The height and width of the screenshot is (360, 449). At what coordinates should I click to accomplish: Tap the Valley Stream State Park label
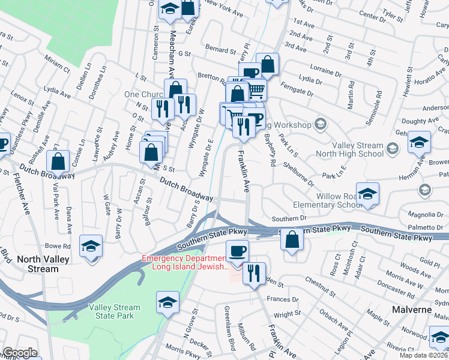tap(115, 311)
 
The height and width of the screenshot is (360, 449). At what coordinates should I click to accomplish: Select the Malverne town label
tap(412, 310)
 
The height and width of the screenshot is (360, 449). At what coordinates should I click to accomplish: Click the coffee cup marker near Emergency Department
tap(237, 250)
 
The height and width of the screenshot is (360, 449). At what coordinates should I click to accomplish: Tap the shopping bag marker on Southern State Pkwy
tap(292, 239)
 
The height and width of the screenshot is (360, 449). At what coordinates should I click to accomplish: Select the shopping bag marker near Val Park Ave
tap(58, 161)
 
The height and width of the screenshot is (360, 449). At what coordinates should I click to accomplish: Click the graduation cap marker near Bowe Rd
tap(91, 246)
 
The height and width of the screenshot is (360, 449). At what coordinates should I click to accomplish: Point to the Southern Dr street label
tap(289, 219)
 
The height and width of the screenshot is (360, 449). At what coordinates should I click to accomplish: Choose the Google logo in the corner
tap(20, 353)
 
